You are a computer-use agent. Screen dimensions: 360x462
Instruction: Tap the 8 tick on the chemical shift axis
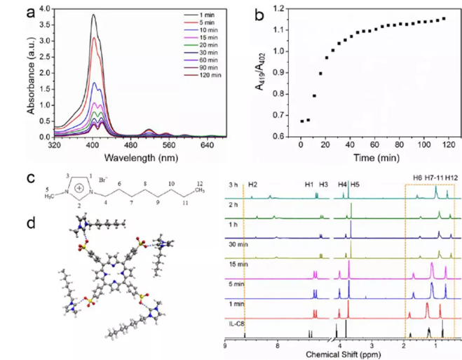click(278, 345)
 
